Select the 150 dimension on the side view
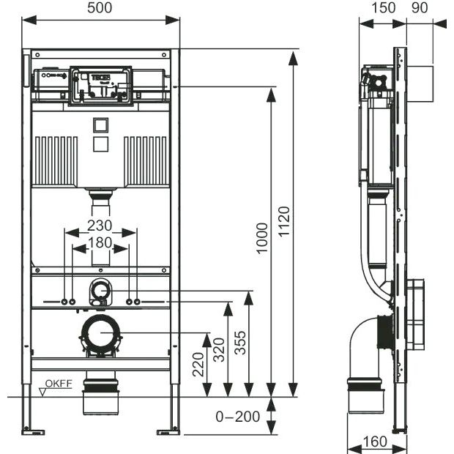(383, 8)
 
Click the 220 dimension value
(198, 364)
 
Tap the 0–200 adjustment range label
(238, 417)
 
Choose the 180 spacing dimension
(101, 243)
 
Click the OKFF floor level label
(59, 384)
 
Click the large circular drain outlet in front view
(101, 335)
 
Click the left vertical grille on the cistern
(55, 159)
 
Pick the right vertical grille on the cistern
(146, 159)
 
